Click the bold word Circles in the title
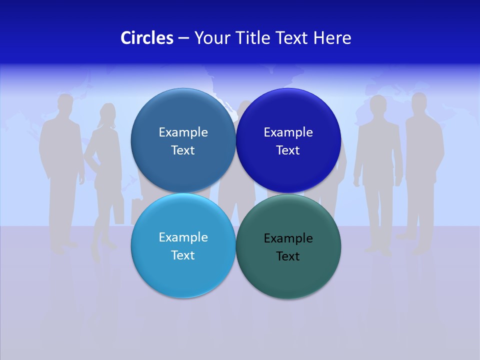coord(147,38)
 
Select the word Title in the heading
coord(256,38)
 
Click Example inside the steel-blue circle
coord(183,132)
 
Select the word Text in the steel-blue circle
coord(183,150)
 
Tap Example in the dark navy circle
coord(288,132)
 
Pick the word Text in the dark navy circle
coord(288,150)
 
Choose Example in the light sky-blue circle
coord(183,237)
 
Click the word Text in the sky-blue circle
coord(183,255)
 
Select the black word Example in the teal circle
coord(288,238)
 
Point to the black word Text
coord(288,256)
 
